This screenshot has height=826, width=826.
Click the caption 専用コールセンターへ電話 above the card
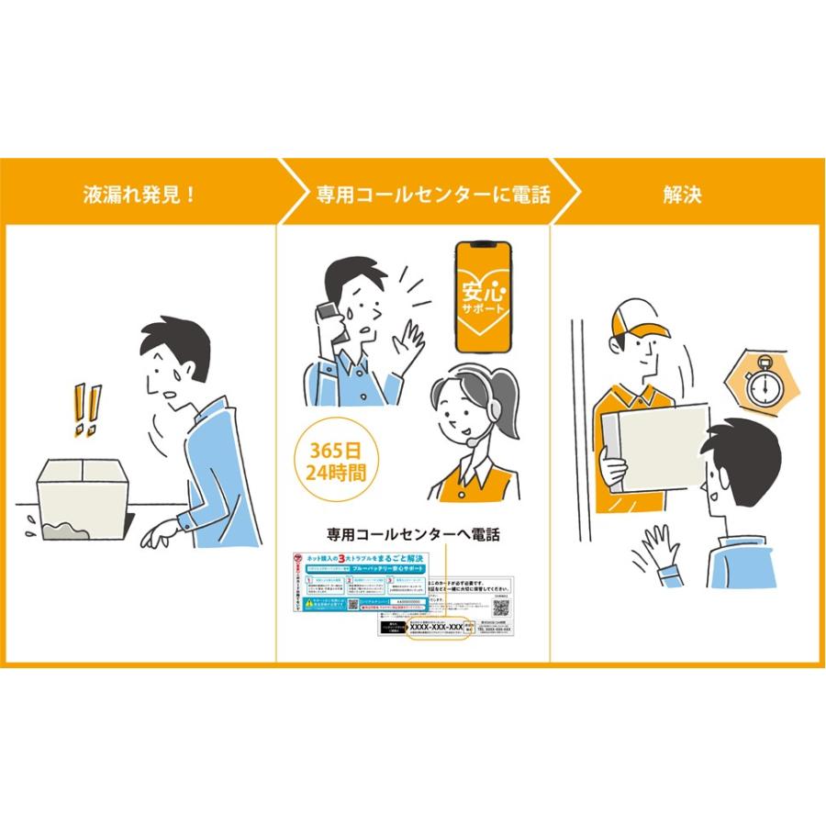tap(413, 534)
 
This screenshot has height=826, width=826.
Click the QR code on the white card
tap(501, 608)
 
